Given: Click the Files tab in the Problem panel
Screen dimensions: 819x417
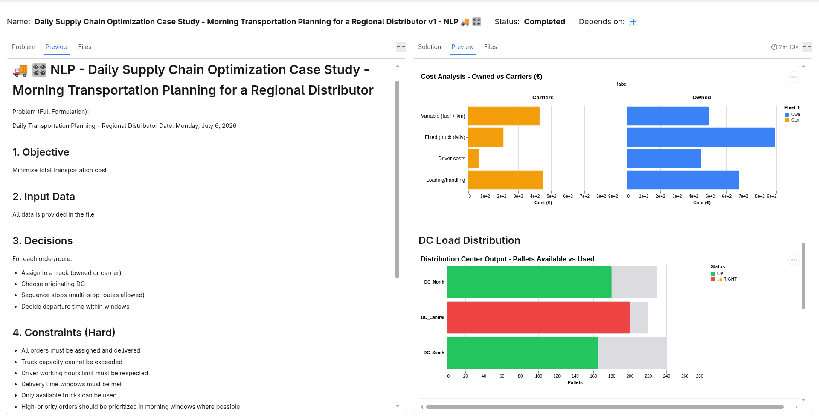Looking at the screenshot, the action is coord(84,47).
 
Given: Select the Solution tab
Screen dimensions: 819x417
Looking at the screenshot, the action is coord(429,47).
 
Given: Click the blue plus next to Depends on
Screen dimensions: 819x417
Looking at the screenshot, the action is coord(633,22).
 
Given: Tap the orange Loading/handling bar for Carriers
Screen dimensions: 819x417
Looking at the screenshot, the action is coord(505,180).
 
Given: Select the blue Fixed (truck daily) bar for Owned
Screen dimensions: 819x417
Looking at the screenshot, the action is coord(701,137).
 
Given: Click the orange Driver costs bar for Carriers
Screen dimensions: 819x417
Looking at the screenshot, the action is coord(473,159).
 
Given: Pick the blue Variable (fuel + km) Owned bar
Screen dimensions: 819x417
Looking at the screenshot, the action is coord(668,116).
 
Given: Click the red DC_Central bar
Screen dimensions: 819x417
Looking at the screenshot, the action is coord(538,318).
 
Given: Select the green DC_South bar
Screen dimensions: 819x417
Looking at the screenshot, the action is coord(523,353).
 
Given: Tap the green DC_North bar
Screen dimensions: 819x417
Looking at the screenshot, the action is coord(529,282).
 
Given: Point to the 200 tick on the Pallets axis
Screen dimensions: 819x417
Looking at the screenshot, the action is coord(630,376).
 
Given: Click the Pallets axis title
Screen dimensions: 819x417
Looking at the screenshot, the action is coord(575,382).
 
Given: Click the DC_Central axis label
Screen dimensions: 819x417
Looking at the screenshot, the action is coord(433,318).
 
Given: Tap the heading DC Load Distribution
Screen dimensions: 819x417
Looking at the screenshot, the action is coord(469,240).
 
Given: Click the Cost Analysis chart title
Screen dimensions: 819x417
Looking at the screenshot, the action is coord(481,77).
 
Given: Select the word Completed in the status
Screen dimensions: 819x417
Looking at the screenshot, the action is coord(544,22).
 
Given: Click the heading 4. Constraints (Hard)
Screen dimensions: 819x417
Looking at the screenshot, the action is coord(64,333).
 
